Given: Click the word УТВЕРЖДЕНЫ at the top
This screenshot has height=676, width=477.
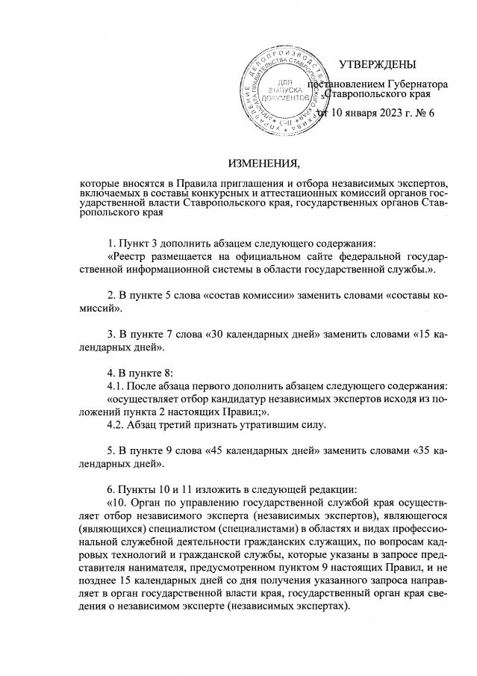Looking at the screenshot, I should click(377, 66).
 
